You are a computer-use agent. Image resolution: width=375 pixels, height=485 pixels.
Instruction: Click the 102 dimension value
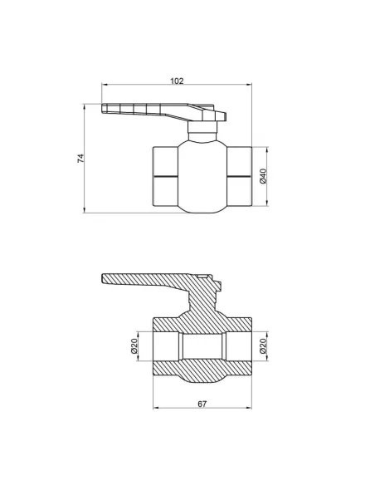coord(177,81)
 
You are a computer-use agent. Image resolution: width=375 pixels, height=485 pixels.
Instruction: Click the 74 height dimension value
coord(80,158)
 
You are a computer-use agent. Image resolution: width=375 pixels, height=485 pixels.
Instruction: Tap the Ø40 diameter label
coord(263,176)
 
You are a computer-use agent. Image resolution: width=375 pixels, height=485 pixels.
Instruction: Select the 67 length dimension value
coord(202,404)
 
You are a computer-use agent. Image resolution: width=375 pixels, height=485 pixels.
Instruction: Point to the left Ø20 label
coord(134,345)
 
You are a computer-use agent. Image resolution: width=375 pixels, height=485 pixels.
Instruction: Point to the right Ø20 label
coord(263,345)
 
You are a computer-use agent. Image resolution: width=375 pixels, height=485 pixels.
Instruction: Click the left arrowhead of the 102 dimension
coord(104,84)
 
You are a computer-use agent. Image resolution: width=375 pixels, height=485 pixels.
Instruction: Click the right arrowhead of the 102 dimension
coord(249,84)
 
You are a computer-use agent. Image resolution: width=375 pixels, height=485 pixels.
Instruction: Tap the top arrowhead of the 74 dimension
coord(84,106)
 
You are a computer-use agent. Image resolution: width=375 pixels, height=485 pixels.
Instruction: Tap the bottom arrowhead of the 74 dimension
coord(84,210)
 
